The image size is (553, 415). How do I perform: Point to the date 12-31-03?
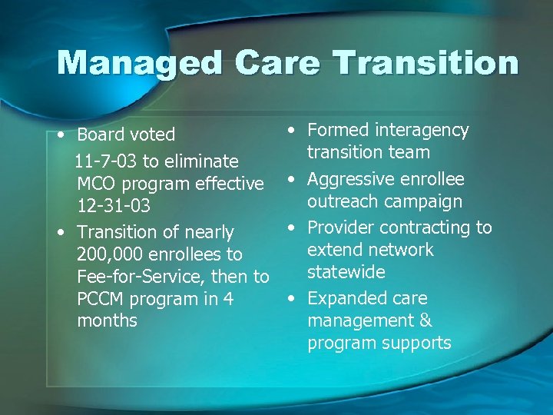point(113,206)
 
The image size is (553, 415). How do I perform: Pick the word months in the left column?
point(107,321)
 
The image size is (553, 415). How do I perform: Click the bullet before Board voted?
point(61,134)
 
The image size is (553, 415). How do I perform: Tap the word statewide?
point(346,272)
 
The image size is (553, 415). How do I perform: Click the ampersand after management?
point(425,320)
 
